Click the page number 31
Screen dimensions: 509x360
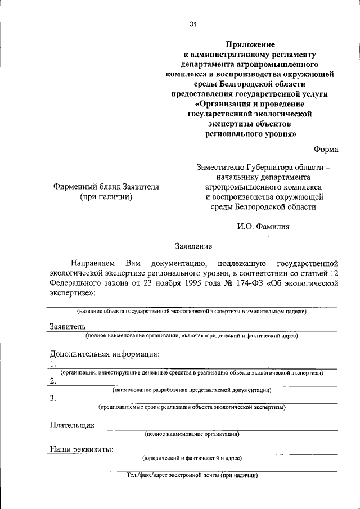193,24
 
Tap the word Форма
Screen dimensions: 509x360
326,149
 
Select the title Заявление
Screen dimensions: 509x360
193,246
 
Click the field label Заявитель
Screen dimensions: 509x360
67,326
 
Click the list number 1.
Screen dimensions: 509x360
52,364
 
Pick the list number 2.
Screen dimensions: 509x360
52,381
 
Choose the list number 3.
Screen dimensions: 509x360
52,398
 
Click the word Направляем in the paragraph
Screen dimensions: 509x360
93,263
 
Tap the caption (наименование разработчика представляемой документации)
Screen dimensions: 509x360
192,390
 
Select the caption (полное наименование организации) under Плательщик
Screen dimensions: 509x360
192,434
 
